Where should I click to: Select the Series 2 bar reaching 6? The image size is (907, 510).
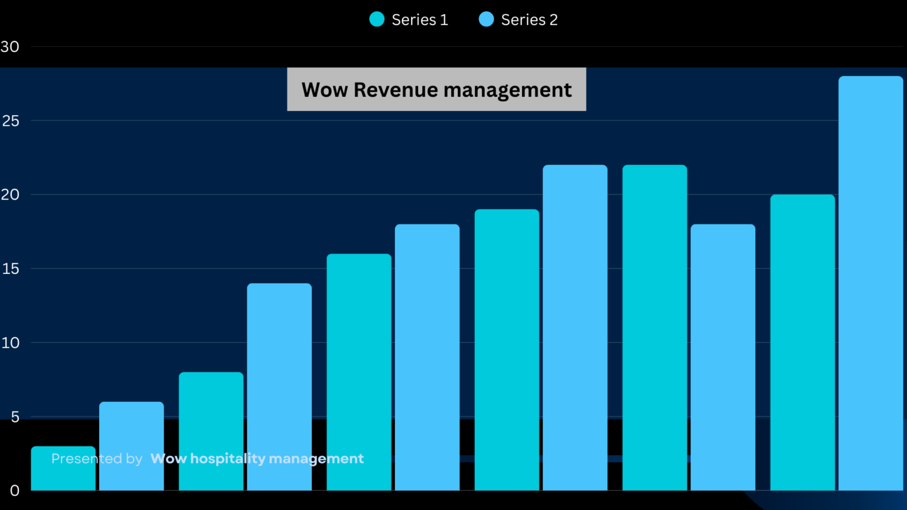[x=131, y=437]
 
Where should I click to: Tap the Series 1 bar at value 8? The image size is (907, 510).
[x=211, y=425]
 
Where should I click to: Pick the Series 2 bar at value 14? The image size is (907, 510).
[x=279, y=378]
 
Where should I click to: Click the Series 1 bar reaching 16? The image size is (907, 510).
[x=359, y=366]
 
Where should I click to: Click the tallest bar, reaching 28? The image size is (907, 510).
[x=870, y=283]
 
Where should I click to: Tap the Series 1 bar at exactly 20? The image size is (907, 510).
[x=802, y=342]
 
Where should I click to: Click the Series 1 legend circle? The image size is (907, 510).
[x=377, y=19]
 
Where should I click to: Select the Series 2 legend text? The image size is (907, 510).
[x=529, y=19]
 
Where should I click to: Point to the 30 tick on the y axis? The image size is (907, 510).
[x=10, y=47]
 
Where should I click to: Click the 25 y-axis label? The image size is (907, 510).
[x=11, y=121]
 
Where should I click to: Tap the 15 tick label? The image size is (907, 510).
[x=11, y=269]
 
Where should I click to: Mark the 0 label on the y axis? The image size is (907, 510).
[x=15, y=491]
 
